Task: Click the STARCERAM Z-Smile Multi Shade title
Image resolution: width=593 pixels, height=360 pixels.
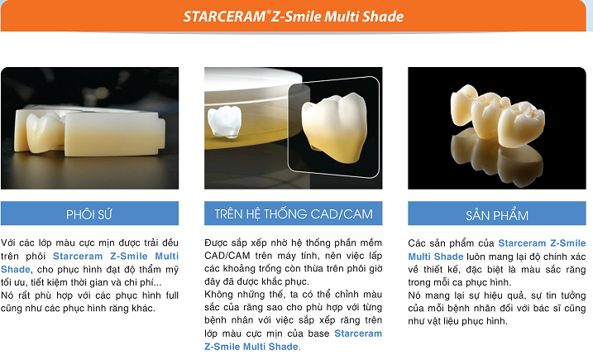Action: [294, 17]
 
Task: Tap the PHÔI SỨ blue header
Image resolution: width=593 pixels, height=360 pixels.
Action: [89, 214]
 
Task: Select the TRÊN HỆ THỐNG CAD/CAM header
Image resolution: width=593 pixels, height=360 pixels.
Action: [294, 214]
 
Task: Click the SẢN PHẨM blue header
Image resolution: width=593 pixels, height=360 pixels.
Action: [497, 214]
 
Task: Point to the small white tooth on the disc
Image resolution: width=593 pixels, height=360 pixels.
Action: [225, 121]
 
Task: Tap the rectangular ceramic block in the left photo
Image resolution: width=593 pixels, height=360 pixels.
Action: [113, 134]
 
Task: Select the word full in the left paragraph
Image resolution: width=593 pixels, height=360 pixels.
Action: [172, 295]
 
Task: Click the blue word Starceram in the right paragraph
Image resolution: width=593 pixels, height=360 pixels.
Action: [522, 243]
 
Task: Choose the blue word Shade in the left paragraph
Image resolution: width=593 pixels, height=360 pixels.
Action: [16, 269]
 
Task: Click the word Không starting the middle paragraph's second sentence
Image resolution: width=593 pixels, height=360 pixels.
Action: [218, 295]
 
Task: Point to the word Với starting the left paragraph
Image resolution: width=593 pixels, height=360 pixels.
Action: [8, 242]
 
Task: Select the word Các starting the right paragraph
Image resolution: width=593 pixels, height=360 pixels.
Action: [416, 243]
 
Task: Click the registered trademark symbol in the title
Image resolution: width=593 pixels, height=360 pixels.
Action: [269, 12]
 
